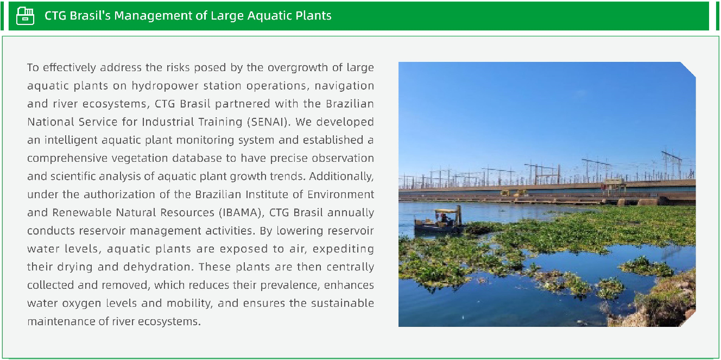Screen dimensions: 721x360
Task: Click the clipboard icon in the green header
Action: pos(25,15)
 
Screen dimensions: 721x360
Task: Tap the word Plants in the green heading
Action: pos(311,15)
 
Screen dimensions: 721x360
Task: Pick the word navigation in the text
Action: pos(344,86)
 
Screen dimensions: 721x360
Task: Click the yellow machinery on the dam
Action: pos(514,193)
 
